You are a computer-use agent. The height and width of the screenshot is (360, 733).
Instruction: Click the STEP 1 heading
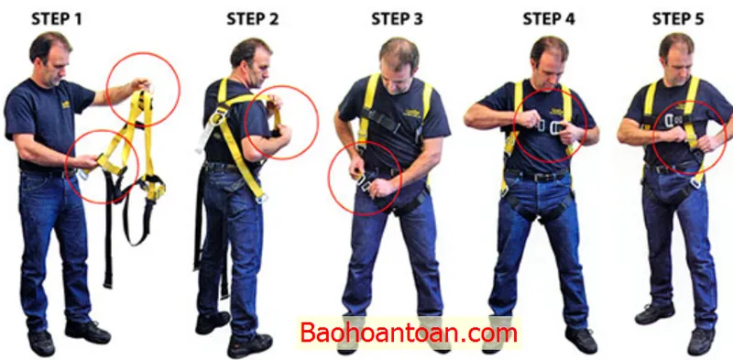(x=57, y=19)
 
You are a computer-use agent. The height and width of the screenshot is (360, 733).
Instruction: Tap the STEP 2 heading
(x=253, y=19)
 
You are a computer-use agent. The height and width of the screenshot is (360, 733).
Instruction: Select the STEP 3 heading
(x=397, y=19)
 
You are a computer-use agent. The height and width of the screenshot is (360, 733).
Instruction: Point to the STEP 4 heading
(x=549, y=19)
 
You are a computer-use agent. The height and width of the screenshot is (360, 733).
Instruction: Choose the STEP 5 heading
(x=678, y=19)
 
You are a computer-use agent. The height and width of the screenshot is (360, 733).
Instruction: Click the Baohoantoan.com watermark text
(x=408, y=333)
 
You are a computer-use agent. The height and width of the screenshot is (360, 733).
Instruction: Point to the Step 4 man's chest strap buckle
(x=549, y=126)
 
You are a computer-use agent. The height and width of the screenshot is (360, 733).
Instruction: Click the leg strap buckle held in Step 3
(x=364, y=181)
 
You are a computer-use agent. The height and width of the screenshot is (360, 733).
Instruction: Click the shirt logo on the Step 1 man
(x=65, y=104)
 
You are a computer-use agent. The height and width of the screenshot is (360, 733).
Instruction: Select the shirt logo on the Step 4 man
(x=556, y=112)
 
